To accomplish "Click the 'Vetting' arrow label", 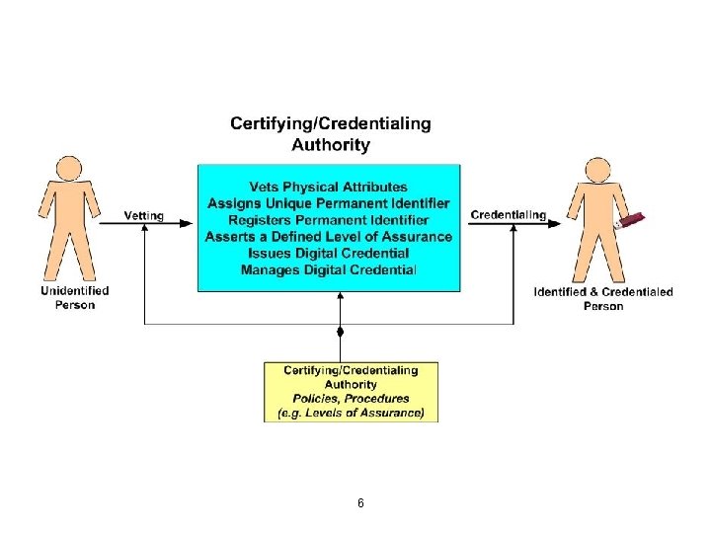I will point(144,215).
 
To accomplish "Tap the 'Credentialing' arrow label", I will point(508,215).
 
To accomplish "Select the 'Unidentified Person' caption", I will point(75,298).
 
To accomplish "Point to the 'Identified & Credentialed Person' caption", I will point(603,298).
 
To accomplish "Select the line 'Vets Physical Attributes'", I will point(329,188).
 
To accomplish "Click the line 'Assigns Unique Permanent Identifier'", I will point(329,204).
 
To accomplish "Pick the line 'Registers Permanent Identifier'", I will point(329,220).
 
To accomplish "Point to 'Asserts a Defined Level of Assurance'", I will point(329,237).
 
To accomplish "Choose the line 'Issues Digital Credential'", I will point(329,253).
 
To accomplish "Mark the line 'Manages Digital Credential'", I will point(329,269).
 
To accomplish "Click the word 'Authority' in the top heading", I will point(331,144).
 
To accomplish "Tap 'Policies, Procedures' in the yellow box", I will point(351,399).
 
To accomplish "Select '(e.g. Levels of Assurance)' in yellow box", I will point(351,414).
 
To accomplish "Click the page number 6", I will point(360,503).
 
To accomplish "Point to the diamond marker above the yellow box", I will point(341,330).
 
